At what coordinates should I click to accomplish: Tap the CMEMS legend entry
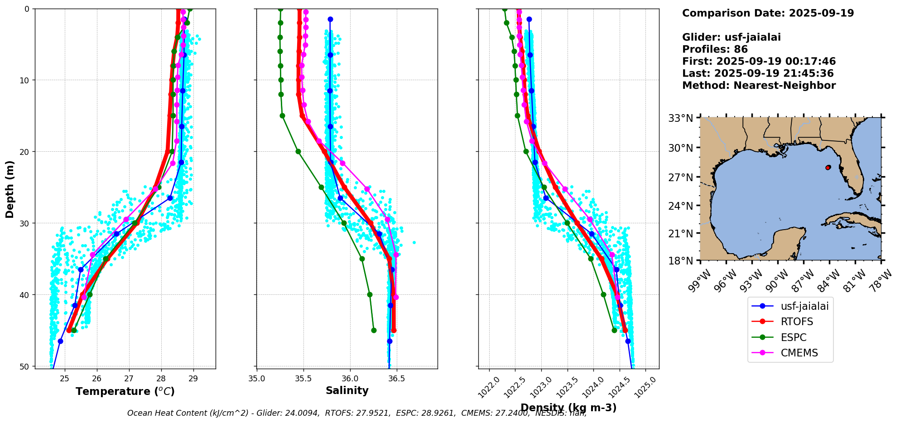coord(799,353)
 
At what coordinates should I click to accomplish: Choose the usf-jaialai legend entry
coord(804,306)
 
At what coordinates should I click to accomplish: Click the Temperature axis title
coord(125,391)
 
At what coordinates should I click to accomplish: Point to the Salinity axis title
coord(347,390)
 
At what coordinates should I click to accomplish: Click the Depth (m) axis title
coord(10,189)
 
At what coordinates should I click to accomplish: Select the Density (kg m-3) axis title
coord(568,408)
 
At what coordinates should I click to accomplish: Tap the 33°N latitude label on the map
coord(681,118)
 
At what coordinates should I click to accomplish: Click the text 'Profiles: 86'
coord(715,49)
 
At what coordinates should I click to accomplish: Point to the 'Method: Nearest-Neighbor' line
coord(759,86)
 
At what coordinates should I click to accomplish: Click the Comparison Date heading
coord(768,13)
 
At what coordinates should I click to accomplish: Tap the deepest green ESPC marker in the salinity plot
coord(374,330)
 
